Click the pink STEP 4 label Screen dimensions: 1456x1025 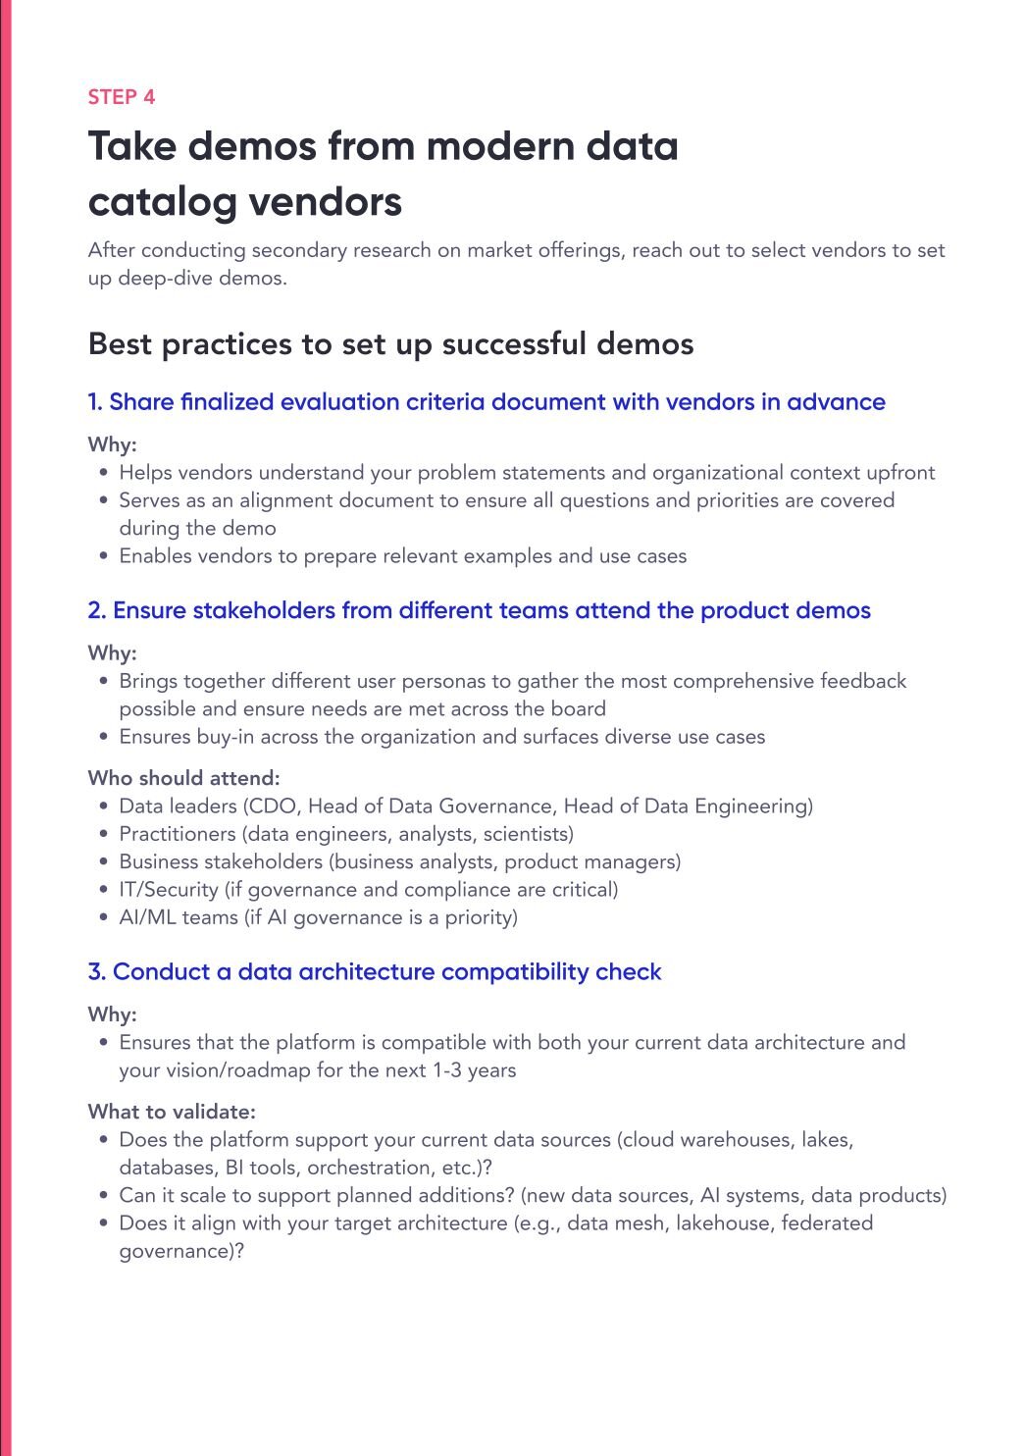(x=121, y=97)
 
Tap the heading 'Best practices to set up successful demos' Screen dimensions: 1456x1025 (x=390, y=344)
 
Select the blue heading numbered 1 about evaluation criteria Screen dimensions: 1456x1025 (x=487, y=402)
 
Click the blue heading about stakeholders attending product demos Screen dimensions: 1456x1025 (x=479, y=610)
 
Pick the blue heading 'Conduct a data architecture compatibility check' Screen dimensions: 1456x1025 (x=375, y=971)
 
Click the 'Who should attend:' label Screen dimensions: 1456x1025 (x=183, y=778)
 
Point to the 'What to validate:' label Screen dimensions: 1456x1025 (x=172, y=1112)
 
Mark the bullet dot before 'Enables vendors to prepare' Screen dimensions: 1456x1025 (x=104, y=556)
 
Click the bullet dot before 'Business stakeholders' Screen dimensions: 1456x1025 (x=104, y=861)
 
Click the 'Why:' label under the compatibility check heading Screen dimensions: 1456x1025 (x=112, y=1014)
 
